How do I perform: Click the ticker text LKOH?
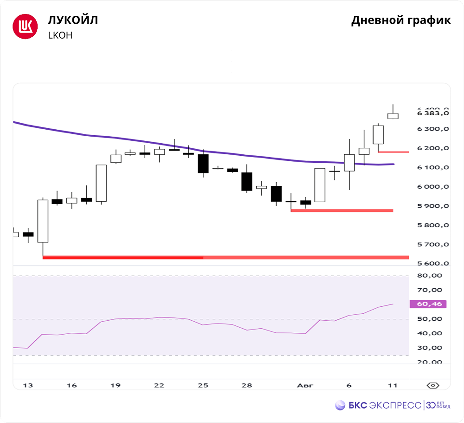[x=60, y=35]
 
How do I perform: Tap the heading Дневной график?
[x=400, y=20]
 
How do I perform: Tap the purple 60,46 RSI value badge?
[x=428, y=304]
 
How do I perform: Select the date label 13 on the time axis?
[x=28, y=385]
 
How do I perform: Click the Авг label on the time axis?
[x=305, y=385]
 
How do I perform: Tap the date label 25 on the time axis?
[x=203, y=385]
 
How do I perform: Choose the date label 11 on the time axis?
[x=393, y=385]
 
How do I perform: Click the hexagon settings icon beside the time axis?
[x=432, y=385]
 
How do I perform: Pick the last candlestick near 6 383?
[x=393, y=116]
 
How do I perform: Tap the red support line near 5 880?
[x=342, y=211]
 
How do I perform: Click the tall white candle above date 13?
[x=43, y=221]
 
